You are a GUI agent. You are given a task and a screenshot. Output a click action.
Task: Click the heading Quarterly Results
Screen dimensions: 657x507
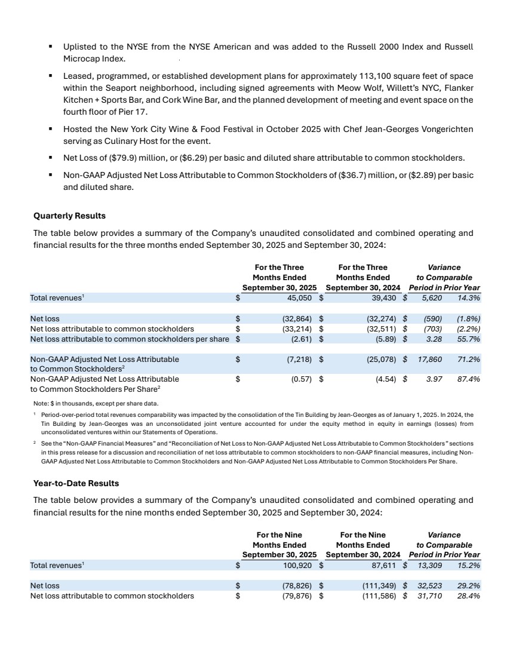coord(69,216)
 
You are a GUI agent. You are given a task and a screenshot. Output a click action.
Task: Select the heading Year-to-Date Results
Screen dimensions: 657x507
coord(76,483)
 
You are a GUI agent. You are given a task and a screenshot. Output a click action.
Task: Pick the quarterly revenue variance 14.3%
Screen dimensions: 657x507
coord(469,297)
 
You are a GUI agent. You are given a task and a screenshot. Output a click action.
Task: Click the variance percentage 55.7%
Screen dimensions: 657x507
coord(469,339)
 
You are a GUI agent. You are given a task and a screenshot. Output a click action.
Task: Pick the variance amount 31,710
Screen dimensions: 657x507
coord(428,595)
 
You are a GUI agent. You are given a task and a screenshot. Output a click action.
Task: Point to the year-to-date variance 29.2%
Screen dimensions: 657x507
coord(469,585)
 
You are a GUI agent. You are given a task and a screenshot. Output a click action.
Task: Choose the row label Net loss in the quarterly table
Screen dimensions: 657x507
coord(45,318)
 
